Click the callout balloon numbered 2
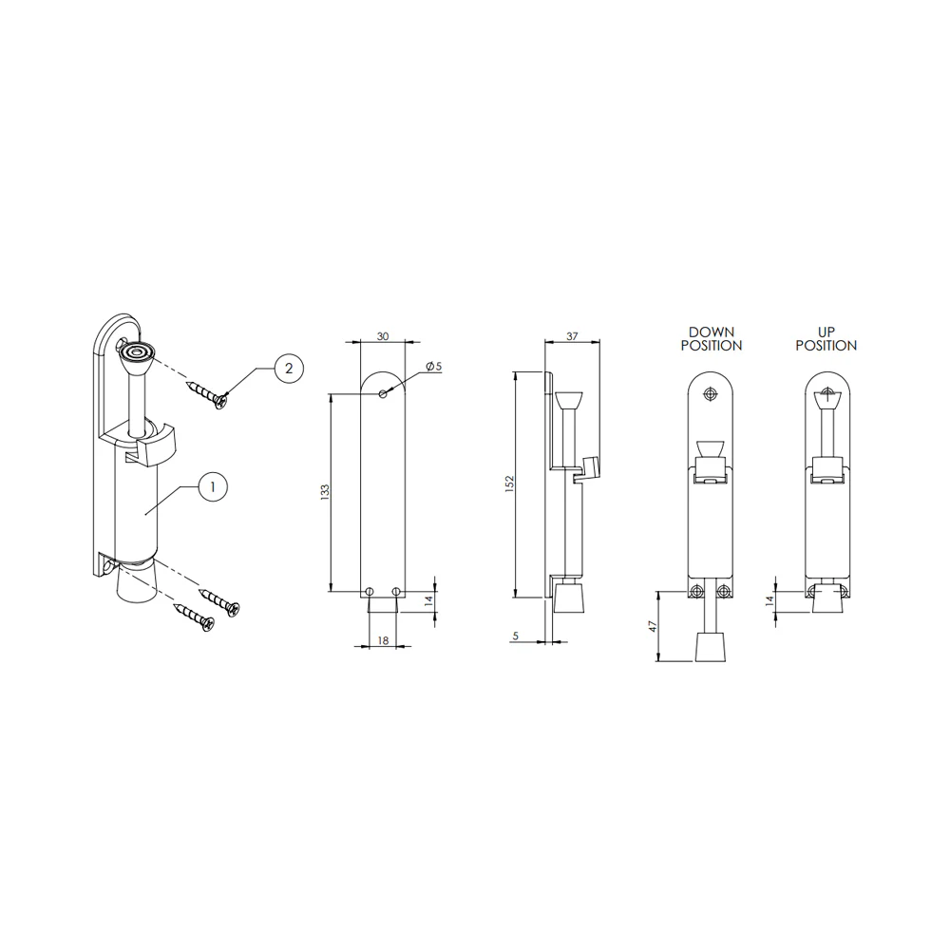(289, 369)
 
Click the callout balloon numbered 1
(212, 486)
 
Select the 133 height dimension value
(325, 492)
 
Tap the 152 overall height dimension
(509, 484)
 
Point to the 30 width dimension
(383, 336)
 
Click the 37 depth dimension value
(572, 336)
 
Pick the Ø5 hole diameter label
(434, 367)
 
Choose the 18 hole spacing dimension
(383, 640)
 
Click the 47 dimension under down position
(654, 626)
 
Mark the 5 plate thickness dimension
(516, 636)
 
